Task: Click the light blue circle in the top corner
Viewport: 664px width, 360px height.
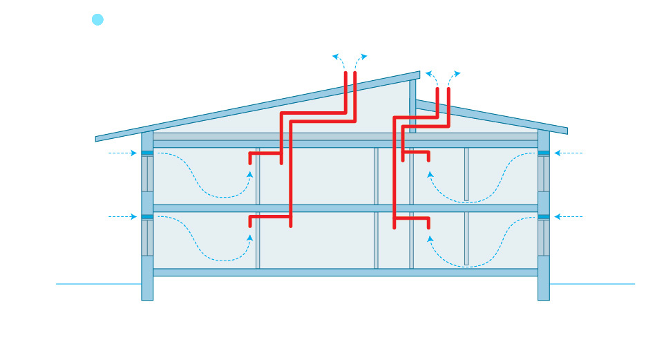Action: click(97, 19)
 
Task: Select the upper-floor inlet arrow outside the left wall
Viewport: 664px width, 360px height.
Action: click(123, 153)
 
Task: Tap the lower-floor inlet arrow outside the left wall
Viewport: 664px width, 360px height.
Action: click(123, 217)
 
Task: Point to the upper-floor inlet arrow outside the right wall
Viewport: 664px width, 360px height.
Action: click(569, 153)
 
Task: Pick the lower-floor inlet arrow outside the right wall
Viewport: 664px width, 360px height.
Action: click(569, 217)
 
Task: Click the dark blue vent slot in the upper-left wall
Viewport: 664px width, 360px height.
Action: click(147, 153)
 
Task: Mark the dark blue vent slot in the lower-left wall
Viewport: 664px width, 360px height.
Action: click(147, 217)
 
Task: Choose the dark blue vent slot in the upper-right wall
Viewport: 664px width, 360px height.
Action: click(544, 153)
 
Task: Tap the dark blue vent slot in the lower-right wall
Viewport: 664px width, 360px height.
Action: click(544, 217)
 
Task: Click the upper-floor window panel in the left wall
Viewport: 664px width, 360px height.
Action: click(147, 173)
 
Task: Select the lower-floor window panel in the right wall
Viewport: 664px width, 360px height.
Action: click(544, 238)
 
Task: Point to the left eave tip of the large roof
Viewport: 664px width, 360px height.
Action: click(97, 138)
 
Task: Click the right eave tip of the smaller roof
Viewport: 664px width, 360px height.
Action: click(565, 131)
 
